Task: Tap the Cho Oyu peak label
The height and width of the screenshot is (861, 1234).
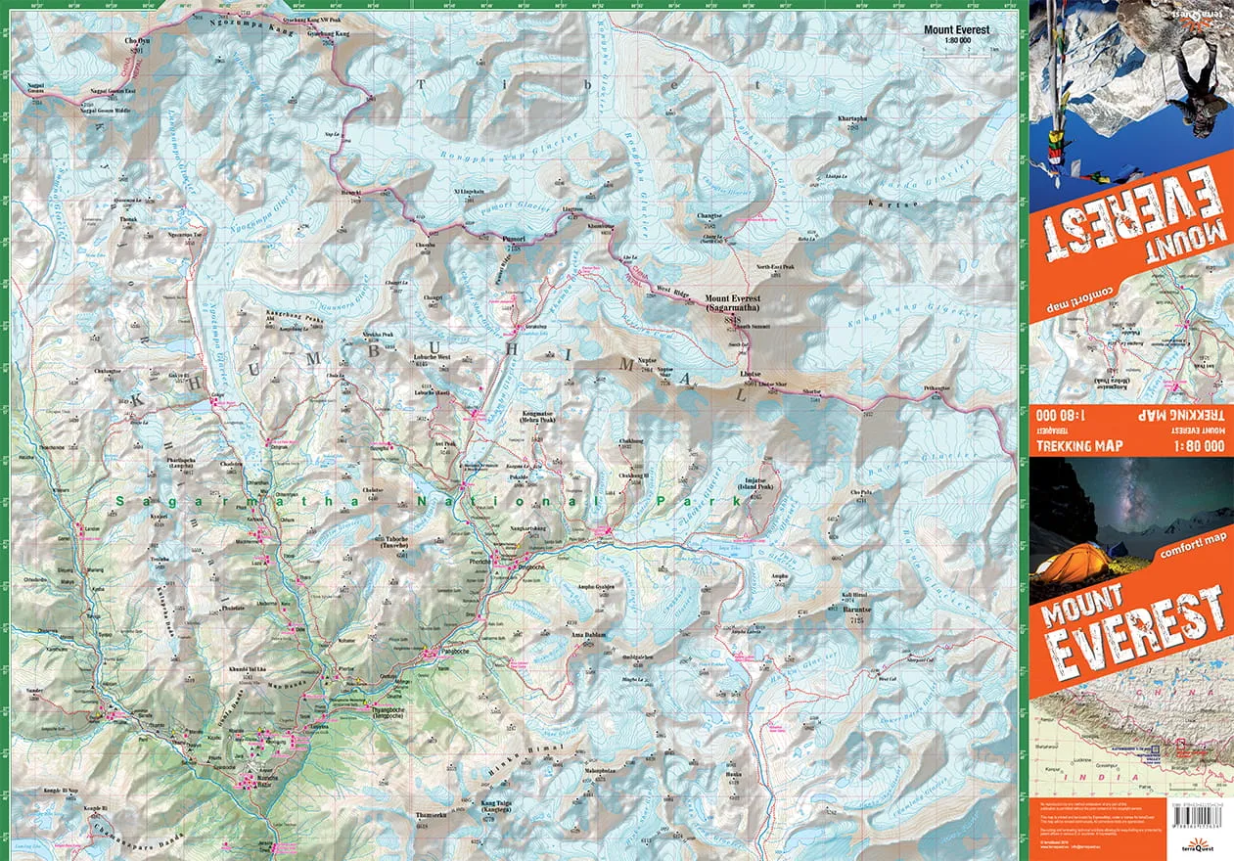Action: click(x=137, y=42)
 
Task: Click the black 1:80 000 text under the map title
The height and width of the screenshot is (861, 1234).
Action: click(x=956, y=42)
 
